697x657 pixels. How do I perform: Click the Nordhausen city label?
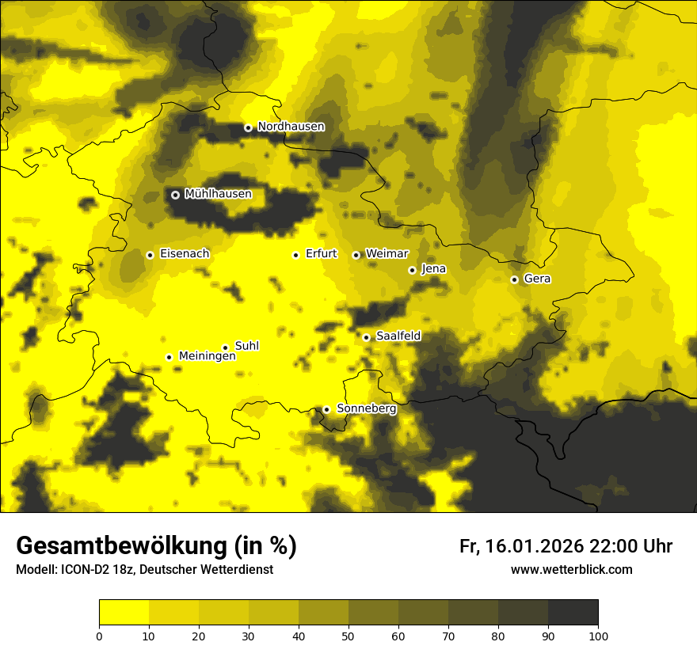tap(291, 127)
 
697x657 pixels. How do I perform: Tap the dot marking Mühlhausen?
tap(175, 195)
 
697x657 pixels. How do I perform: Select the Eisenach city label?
tap(185, 254)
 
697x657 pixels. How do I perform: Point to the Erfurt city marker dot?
tap(296, 255)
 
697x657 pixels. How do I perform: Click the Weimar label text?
tap(387, 254)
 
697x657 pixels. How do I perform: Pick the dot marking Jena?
tap(412, 270)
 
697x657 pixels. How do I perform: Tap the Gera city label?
tap(537, 279)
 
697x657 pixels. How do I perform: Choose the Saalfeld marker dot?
tap(367, 337)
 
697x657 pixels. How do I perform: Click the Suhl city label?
tap(247, 346)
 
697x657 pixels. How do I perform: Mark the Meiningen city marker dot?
tap(169, 357)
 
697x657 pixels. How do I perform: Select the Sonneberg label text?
tap(366, 409)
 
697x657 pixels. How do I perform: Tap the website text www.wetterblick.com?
tap(571, 570)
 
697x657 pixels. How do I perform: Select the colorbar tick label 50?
tap(348, 635)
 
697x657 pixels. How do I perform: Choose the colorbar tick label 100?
tap(597, 635)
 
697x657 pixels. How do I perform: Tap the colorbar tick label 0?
tap(99, 635)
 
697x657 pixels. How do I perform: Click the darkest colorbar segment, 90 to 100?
tap(573, 612)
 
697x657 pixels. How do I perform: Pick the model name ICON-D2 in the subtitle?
tap(80, 570)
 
